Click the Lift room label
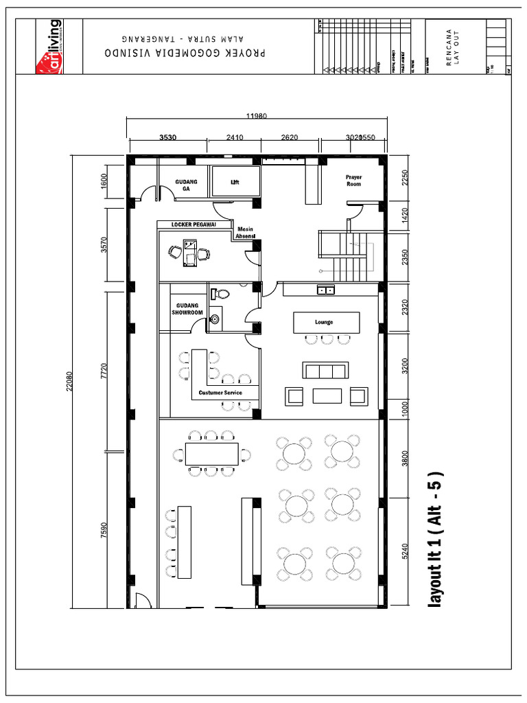pyautogui.click(x=234, y=183)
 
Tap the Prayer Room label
pyautogui.click(x=353, y=181)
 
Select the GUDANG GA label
pyautogui.click(x=186, y=185)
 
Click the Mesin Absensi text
pyautogui.click(x=246, y=233)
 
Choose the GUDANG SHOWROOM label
pyautogui.click(x=187, y=309)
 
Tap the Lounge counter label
pyautogui.click(x=324, y=321)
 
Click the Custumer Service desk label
pyautogui.click(x=220, y=393)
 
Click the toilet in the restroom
pyautogui.click(x=220, y=294)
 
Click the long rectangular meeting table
pyautogui.click(x=211, y=453)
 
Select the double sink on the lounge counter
pyautogui.click(x=326, y=290)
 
